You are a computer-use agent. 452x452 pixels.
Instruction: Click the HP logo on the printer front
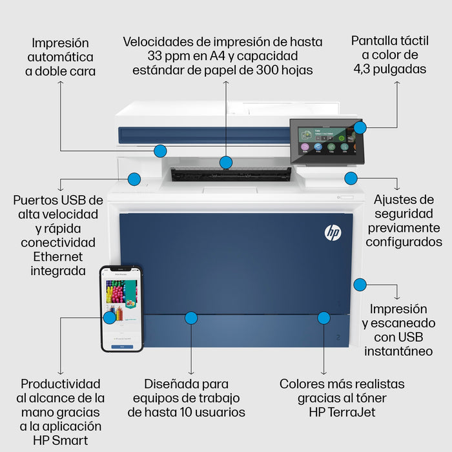tap(333, 232)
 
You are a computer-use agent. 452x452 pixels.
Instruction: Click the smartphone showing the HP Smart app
tap(121, 309)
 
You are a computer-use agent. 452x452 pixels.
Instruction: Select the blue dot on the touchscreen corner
tap(360, 127)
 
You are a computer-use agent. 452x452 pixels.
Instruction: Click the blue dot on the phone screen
tap(110, 317)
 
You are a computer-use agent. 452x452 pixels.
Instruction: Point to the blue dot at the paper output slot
tap(225, 162)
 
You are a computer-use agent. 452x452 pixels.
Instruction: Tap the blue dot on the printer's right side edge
tap(360, 284)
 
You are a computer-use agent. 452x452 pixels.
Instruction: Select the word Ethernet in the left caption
tap(58, 256)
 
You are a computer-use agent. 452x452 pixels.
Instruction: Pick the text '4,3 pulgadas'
tap(389, 69)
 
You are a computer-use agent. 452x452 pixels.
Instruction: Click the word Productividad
tap(61, 384)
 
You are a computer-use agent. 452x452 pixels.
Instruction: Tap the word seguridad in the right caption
tap(404, 213)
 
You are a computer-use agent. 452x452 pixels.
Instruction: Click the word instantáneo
tap(398, 351)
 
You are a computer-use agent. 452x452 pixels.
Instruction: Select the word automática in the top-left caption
tap(61, 57)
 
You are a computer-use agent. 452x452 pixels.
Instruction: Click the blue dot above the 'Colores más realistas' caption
tap(324, 318)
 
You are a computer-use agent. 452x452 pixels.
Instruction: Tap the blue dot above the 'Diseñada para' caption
tap(190, 318)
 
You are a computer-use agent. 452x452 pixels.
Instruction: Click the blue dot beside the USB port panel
tap(134, 178)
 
